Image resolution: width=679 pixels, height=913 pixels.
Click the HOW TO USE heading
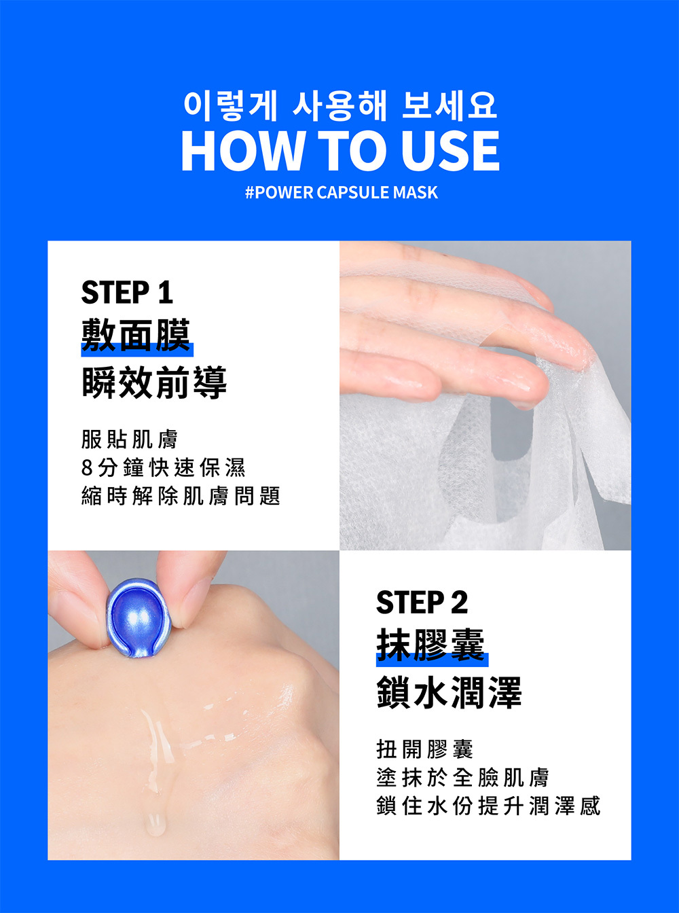click(340, 151)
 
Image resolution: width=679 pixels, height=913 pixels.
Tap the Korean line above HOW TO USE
click(340, 106)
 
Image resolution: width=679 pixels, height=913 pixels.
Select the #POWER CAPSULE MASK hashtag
click(342, 193)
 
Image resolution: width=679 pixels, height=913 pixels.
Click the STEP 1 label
click(127, 293)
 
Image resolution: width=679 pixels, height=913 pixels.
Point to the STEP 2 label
click(422, 603)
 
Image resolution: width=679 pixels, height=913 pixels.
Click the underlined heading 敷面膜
click(136, 336)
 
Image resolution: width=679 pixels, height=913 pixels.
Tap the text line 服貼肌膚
click(129, 440)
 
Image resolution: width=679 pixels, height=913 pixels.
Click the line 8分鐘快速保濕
click(163, 467)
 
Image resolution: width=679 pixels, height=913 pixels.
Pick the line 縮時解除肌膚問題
click(180, 496)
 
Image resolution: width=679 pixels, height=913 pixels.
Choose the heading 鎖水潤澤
click(449, 692)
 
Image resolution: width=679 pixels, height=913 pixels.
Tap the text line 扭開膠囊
click(424, 749)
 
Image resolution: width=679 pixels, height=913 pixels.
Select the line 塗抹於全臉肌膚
click(462, 777)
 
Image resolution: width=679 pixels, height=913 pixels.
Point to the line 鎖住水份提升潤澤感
click(488, 806)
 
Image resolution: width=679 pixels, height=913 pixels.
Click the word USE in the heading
click(450, 151)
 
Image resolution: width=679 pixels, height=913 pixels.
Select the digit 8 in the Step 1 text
click(86, 468)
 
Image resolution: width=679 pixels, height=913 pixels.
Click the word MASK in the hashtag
click(418, 193)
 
